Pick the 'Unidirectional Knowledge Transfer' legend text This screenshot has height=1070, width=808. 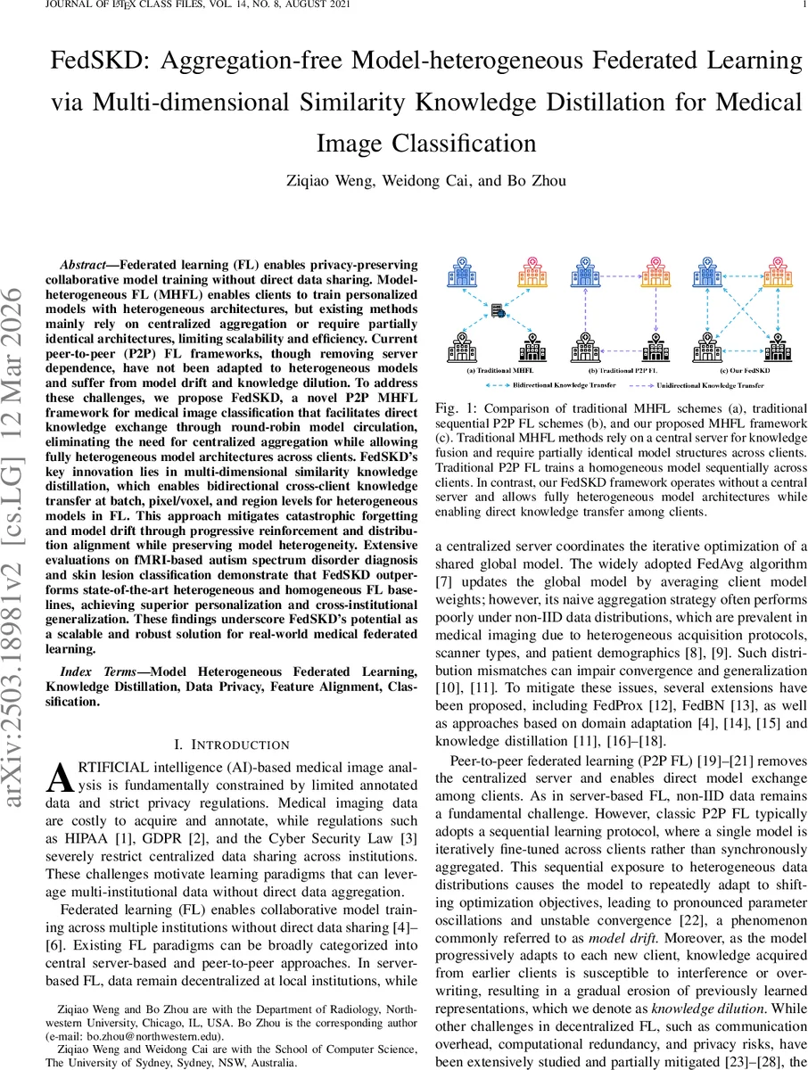click(x=710, y=387)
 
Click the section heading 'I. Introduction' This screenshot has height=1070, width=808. click(x=231, y=745)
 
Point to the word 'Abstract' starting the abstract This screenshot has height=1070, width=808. click(x=86, y=266)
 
